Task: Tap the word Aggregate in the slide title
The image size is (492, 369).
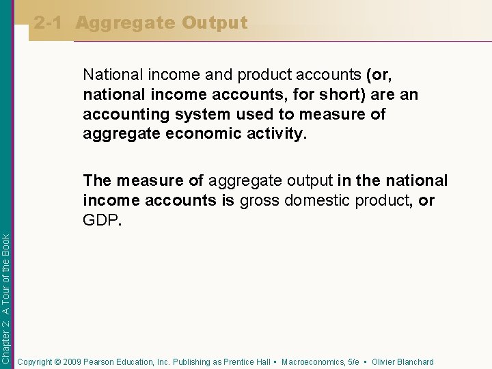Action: click(x=124, y=23)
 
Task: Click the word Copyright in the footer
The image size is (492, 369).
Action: click(x=37, y=362)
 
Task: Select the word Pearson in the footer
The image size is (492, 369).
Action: click(x=99, y=362)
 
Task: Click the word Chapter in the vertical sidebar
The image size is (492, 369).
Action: click(x=6, y=346)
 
